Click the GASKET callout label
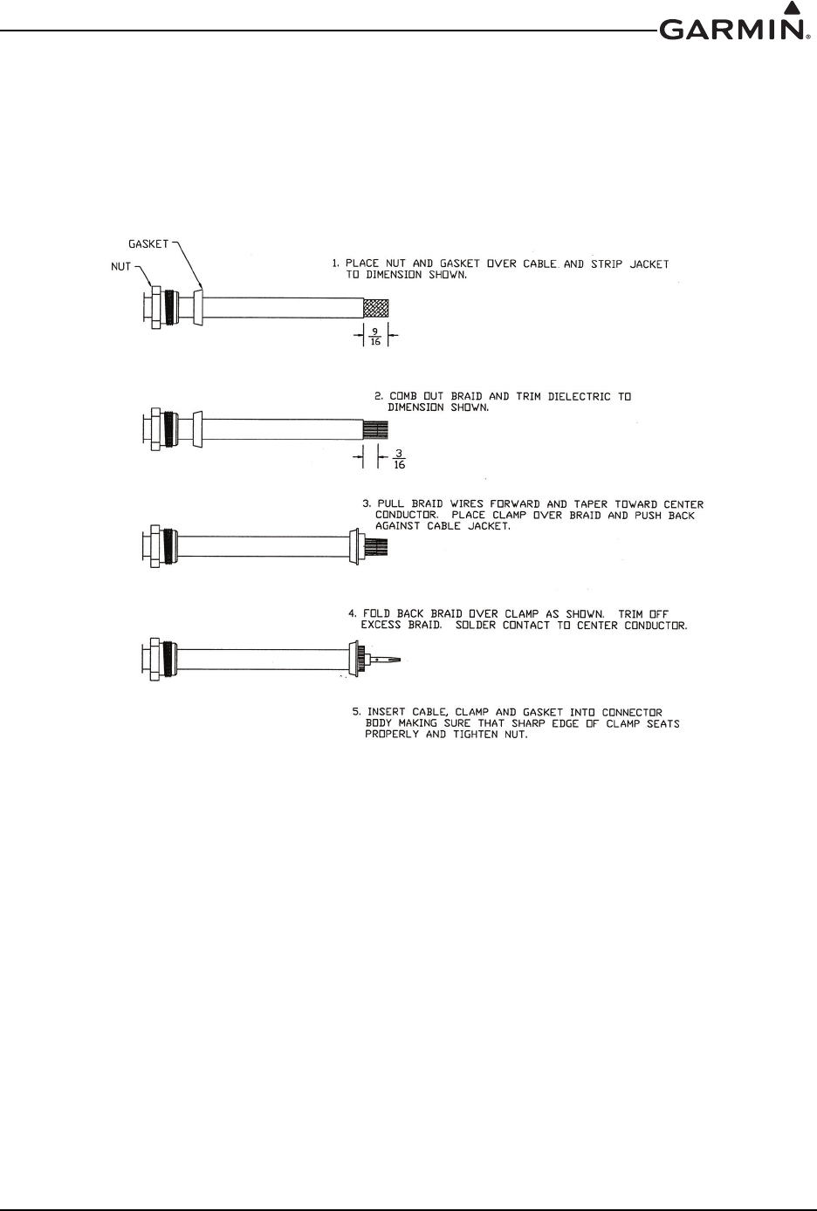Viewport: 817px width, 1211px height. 148,244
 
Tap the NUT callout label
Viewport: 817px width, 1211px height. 120,267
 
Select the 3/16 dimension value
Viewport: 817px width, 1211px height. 400,459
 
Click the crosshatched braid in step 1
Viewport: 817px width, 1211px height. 375,308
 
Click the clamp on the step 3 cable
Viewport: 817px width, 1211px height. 354,547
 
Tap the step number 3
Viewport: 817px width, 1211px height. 367,504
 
